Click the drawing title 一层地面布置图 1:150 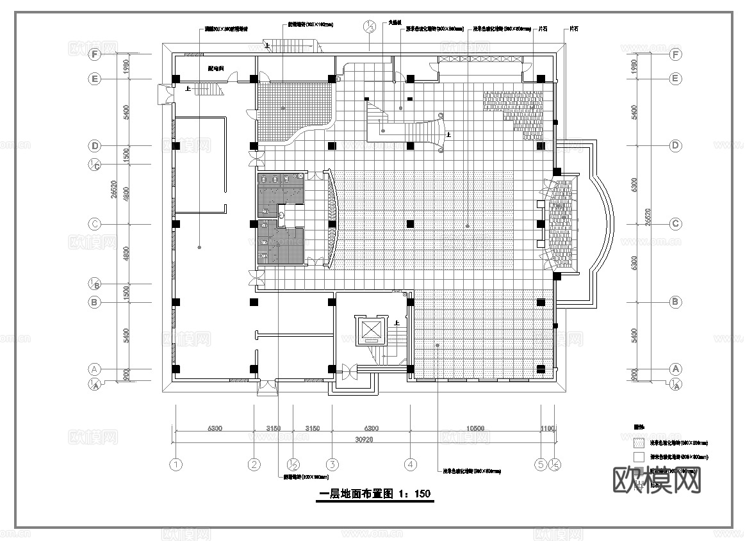coord(375,494)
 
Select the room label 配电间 coord(215,68)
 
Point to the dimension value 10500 coord(475,428)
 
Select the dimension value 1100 coord(548,428)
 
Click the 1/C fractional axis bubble coord(94,165)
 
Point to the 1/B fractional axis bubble coord(94,284)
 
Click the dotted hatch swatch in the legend coord(638,442)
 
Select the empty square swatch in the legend coord(638,457)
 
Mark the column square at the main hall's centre coord(411,224)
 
